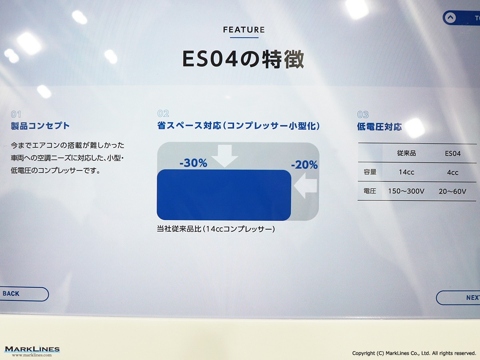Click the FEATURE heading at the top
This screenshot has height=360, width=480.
244,30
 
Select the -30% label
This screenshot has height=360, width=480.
193,163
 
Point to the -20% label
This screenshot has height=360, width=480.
304,165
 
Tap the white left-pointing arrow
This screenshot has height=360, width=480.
305,186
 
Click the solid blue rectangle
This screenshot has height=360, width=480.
224,195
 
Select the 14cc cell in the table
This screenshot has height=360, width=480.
406,172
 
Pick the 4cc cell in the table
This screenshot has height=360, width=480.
452,173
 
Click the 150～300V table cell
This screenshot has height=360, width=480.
406,191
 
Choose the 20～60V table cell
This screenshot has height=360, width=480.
452,192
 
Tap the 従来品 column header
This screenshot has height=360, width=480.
406,153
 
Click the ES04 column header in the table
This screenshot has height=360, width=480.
453,154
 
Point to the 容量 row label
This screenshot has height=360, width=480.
370,172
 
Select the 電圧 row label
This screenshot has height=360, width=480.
370,191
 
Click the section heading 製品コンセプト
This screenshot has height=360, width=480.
40,126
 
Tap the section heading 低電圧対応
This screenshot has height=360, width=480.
380,127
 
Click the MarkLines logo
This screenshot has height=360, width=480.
32,351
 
